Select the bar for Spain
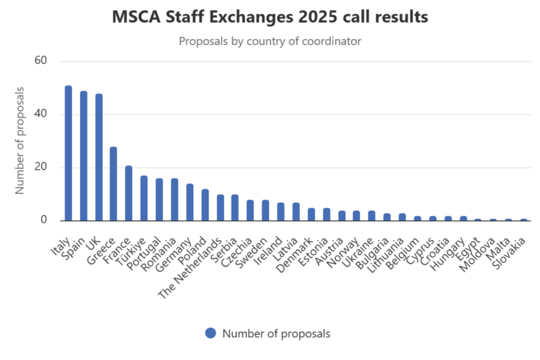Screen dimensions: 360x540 84,156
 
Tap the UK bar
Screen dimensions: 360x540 98,157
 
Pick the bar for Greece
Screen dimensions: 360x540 114,184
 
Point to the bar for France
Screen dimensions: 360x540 129,193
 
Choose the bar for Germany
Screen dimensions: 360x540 190,202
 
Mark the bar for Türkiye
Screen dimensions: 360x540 144,198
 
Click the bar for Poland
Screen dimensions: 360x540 205,205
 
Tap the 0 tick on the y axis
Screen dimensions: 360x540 44,220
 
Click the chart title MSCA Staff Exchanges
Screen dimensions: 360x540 270,17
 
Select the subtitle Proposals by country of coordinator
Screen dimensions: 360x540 270,40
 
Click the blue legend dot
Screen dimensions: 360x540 211,333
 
